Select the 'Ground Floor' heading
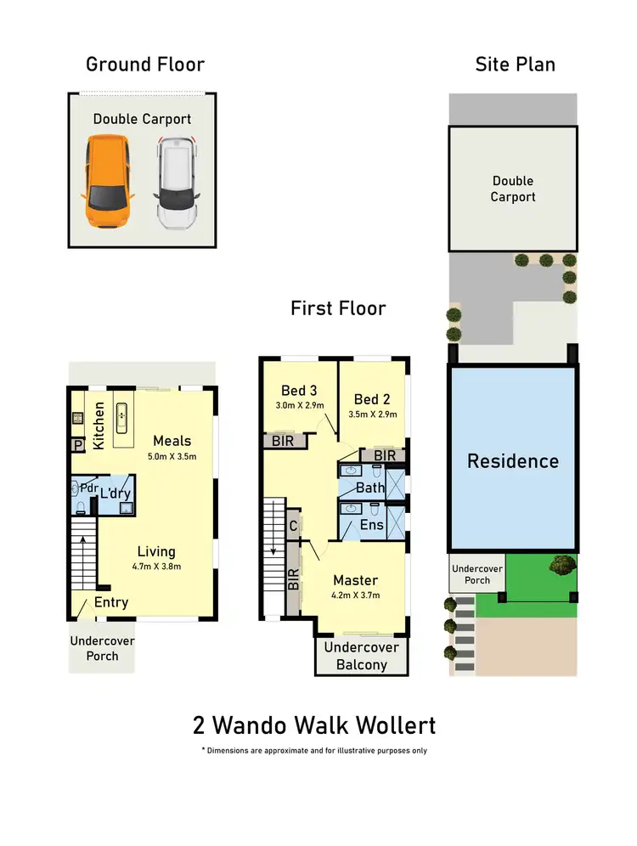(145, 64)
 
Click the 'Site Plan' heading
(516, 64)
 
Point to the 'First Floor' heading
(338, 307)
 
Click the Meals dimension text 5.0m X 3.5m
(172, 456)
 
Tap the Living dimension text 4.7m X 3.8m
(155, 567)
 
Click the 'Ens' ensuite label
(372, 525)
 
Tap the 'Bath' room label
(370, 488)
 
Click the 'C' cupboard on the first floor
(292, 526)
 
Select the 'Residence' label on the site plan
(513, 461)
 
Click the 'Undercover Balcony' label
(362, 656)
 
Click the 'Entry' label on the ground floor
(111, 602)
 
